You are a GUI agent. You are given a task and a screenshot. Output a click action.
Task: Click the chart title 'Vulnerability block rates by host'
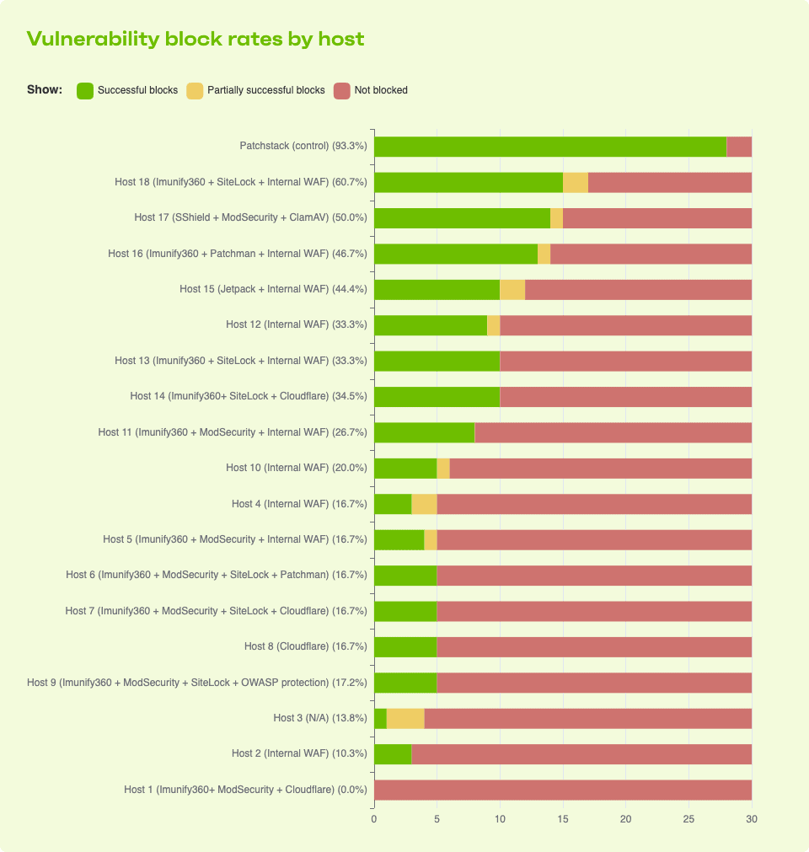(196, 39)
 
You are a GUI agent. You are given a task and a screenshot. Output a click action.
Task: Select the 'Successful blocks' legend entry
(127, 90)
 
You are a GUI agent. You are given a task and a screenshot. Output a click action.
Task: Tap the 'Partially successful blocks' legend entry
(255, 90)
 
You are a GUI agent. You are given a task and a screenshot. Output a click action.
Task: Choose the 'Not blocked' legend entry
(371, 90)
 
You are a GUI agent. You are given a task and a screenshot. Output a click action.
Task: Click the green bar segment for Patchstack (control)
(549, 147)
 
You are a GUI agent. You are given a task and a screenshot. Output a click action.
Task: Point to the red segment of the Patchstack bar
(739, 147)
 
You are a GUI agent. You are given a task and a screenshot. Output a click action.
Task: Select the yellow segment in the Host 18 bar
(576, 182)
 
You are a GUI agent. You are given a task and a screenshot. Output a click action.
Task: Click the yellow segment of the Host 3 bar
(405, 719)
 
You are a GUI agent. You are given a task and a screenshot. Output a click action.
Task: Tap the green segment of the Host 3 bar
(380, 719)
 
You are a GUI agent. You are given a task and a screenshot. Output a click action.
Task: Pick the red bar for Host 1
(563, 790)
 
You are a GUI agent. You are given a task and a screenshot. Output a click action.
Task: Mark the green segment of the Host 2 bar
(393, 754)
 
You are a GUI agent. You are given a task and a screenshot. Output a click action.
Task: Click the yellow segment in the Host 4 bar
(424, 504)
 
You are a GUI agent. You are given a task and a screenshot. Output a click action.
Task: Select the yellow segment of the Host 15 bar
(512, 289)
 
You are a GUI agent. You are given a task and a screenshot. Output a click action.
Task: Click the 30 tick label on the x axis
(752, 819)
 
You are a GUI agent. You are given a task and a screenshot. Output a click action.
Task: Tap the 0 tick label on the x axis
(374, 819)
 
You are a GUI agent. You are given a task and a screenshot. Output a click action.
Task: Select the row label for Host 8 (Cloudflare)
(305, 647)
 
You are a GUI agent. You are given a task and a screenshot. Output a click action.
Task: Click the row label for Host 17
(250, 217)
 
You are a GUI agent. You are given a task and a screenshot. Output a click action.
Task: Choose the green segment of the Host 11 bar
(424, 432)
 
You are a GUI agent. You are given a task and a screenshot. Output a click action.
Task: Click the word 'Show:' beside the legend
(45, 90)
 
